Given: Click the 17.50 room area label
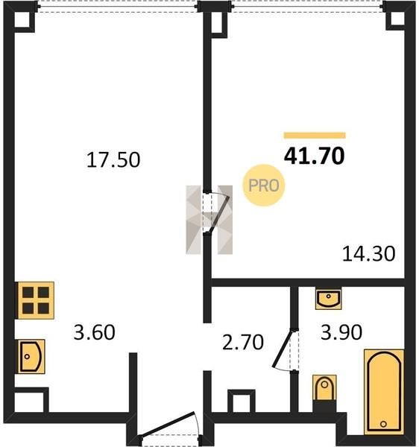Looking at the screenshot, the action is click(x=113, y=160).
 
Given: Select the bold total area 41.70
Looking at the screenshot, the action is click(x=315, y=156).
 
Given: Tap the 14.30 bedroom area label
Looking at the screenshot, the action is click(x=368, y=254).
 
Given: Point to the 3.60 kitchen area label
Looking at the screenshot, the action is click(x=94, y=332).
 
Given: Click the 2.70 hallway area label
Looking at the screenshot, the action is click(x=243, y=342).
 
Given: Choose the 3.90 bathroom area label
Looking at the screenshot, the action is click(x=341, y=332).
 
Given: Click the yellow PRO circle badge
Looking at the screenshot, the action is click(x=263, y=186).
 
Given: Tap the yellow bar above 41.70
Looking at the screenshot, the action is click(x=315, y=136).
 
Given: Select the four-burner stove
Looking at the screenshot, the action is click(x=36, y=300).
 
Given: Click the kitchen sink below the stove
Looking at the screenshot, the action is click(x=31, y=356).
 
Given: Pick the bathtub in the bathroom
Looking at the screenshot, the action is click(x=384, y=392).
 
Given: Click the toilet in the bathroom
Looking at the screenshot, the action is click(x=324, y=388).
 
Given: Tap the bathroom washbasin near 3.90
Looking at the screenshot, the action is click(x=328, y=299).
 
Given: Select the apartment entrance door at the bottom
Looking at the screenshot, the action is click(x=168, y=425).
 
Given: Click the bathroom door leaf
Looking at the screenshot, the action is click(x=283, y=349).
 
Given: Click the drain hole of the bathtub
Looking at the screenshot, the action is click(x=384, y=424).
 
